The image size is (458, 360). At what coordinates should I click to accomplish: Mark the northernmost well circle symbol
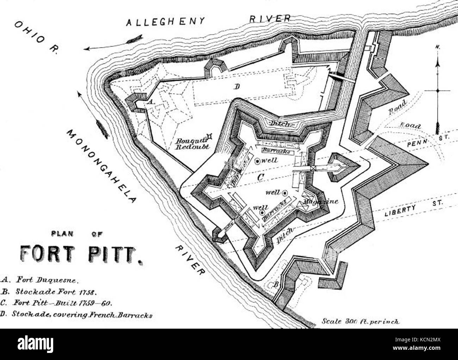tap(258, 161)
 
